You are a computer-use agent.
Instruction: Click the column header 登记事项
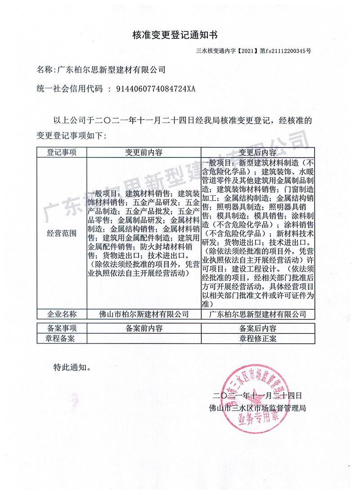(62, 152)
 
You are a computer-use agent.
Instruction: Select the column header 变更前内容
(144, 152)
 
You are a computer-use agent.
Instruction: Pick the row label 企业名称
(62, 314)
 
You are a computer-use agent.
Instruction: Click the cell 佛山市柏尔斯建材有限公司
(144, 314)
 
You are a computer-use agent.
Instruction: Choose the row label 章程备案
(62, 338)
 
